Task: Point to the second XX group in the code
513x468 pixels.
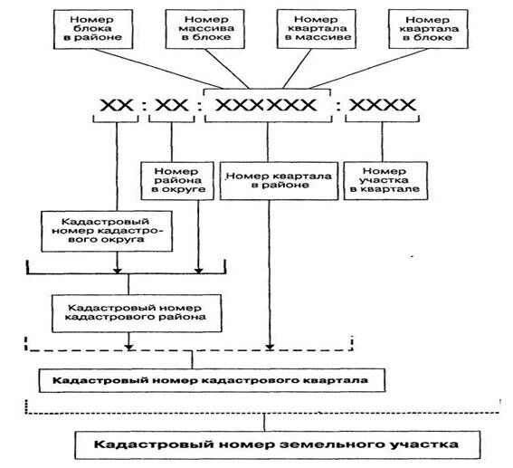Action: pos(171,106)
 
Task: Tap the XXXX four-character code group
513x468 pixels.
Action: pos(379,106)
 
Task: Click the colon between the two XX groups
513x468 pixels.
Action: pos(145,107)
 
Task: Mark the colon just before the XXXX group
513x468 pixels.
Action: pos(340,107)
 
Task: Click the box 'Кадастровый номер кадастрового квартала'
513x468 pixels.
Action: pos(214,377)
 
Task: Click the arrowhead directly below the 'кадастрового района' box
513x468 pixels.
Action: pos(132,344)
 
